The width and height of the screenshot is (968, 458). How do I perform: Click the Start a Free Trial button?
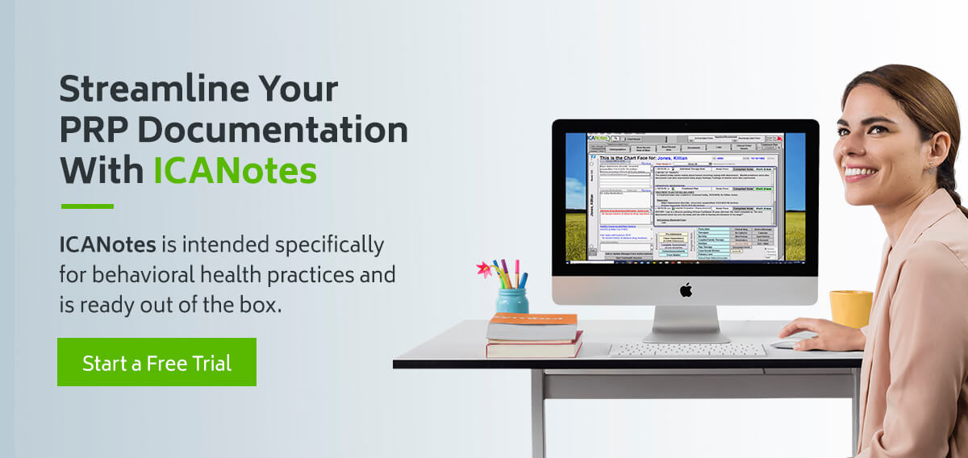[x=156, y=362]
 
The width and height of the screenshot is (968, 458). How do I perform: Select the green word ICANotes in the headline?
[x=235, y=169]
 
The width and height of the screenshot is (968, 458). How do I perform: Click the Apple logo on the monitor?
[x=685, y=289]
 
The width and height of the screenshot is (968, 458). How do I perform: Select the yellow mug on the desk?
[x=850, y=308]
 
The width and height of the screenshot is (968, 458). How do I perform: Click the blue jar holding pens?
[x=512, y=300]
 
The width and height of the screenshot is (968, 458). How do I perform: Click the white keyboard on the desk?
[x=686, y=349]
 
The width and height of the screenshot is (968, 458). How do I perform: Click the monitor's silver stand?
[x=685, y=323]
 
